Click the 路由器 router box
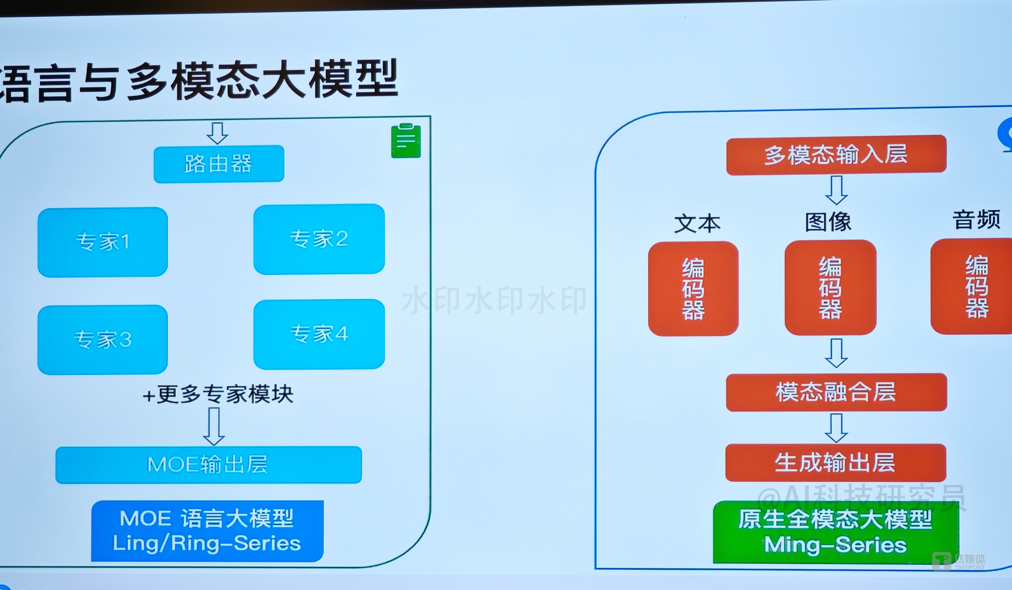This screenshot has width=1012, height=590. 219,164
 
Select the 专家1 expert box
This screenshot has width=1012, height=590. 102,242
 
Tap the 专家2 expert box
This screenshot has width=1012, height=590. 319,239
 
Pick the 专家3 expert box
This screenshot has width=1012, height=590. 102,340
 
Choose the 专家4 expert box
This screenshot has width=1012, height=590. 319,334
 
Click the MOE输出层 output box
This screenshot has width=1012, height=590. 209,464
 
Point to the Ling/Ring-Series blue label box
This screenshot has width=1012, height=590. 207,531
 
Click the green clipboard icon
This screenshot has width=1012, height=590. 406,141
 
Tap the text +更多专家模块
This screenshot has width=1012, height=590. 218,394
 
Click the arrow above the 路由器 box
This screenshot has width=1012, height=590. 217,133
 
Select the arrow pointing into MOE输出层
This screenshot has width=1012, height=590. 214,427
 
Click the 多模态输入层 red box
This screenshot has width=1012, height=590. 836,154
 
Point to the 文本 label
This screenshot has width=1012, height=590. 697,223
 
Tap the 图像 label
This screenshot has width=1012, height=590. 828,222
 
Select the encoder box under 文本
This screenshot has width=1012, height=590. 693,289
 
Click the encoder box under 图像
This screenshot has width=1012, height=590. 830,288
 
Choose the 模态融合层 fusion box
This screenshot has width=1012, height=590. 836,392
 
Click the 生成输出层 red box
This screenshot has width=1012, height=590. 836,463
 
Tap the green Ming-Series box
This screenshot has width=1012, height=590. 836,532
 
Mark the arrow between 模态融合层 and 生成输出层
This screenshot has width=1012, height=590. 836,427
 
